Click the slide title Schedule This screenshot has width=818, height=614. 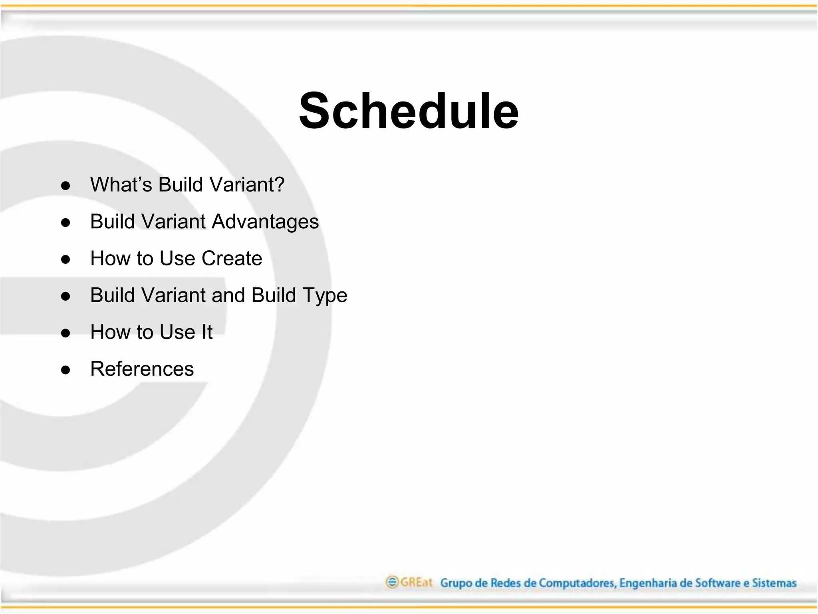[409, 111]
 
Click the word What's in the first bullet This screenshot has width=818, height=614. [121, 185]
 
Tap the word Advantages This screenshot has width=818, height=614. [265, 222]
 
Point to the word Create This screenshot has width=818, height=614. [232, 258]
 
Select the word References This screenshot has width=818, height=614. [142, 369]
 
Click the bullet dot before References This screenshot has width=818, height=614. [66, 370]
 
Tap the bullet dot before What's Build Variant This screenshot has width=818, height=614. [66, 186]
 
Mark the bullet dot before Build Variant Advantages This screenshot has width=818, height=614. [66, 223]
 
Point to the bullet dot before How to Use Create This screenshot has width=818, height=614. [66, 259]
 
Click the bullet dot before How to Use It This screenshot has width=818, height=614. [66, 333]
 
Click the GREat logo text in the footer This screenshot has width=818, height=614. [416, 582]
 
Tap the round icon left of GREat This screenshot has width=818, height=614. [392, 582]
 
